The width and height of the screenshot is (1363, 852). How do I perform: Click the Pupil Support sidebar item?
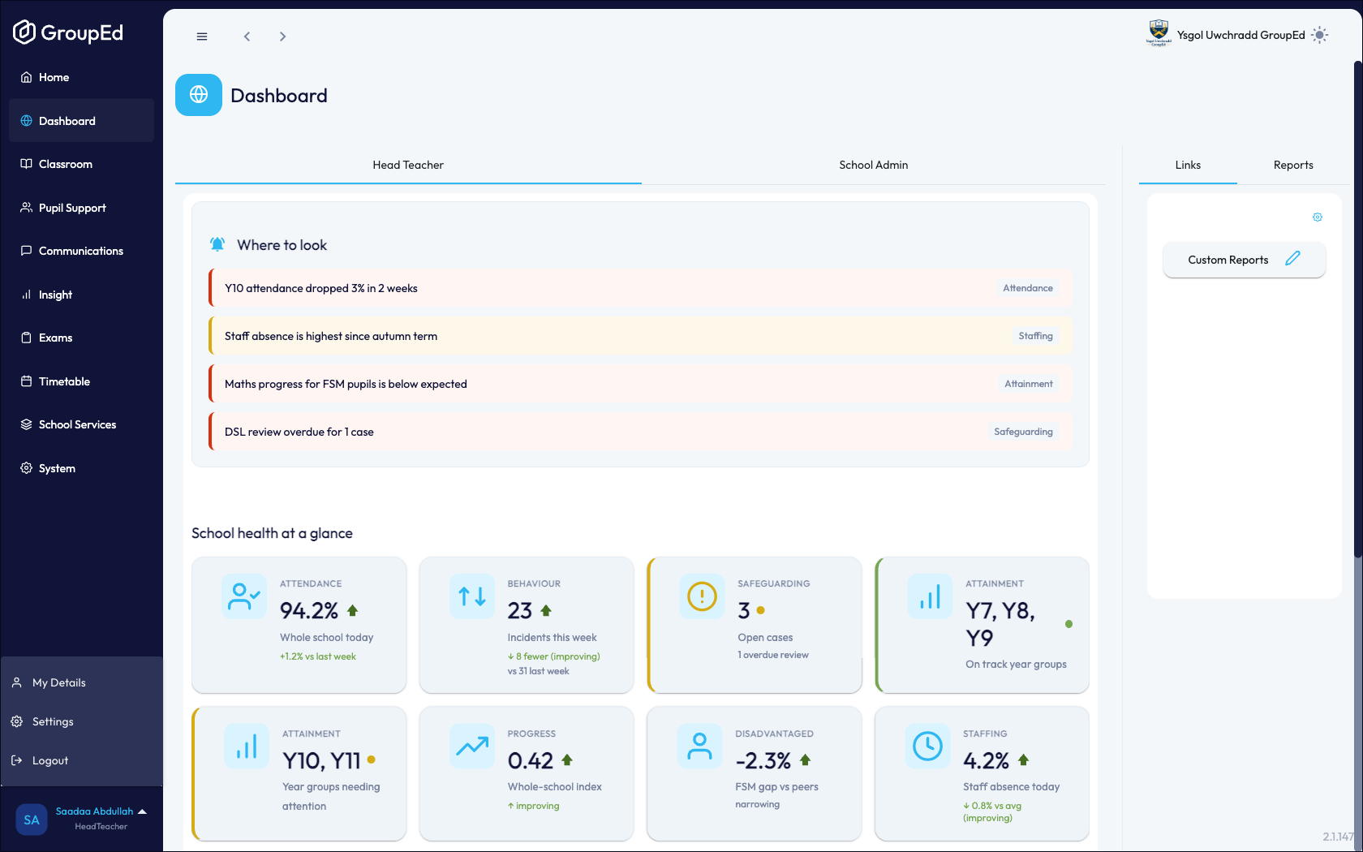(71, 208)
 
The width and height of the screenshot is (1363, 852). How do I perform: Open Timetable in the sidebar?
(64, 381)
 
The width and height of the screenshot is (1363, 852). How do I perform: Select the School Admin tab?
(873, 165)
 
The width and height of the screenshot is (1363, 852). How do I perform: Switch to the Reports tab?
(1293, 165)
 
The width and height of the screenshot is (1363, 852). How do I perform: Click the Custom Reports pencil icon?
(1292, 259)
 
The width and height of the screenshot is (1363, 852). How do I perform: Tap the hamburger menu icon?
(202, 37)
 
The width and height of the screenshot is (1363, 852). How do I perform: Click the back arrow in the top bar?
(247, 37)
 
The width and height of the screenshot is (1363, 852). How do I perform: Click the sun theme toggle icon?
(1319, 36)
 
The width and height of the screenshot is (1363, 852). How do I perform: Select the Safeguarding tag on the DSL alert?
(1023, 432)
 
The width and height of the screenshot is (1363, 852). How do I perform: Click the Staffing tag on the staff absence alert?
(1035, 336)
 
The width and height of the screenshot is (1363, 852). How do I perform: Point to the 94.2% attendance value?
(308, 610)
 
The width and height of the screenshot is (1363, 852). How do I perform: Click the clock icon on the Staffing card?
(927, 747)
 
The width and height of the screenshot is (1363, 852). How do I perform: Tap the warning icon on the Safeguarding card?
(702, 596)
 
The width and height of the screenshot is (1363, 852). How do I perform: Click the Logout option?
(50, 760)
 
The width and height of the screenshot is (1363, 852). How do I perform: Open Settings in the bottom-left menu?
(52, 721)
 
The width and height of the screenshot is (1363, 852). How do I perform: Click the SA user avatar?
(31, 820)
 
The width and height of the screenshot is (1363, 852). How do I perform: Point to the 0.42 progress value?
(530, 761)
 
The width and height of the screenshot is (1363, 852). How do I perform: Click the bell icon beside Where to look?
(217, 244)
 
